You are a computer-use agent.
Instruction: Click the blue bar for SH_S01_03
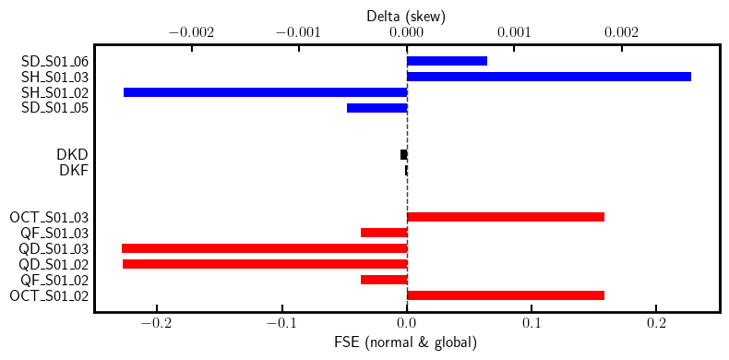point(549,77)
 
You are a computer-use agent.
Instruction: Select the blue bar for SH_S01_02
point(265,92)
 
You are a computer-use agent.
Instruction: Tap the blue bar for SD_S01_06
point(447,61)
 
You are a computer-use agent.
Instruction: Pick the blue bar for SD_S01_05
point(376,108)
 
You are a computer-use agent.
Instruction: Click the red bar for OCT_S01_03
point(506,217)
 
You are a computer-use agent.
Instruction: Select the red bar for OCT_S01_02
point(506,295)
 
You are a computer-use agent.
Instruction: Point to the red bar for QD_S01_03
point(264,248)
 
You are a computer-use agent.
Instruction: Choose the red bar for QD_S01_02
point(265,264)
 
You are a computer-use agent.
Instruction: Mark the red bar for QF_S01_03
point(384,233)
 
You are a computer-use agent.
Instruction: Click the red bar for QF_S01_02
point(384,280)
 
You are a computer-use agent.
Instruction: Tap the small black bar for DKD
point(403,154)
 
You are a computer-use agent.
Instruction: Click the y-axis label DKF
point(74,170)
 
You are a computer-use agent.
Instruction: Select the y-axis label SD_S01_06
point(54,61)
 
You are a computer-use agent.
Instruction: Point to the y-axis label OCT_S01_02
point(49,295)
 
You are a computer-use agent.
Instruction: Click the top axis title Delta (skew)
point(407,15)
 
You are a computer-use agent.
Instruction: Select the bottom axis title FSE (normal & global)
point(407,343)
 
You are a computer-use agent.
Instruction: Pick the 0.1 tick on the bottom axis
point(532,325)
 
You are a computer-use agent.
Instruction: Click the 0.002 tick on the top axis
point(621,32)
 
